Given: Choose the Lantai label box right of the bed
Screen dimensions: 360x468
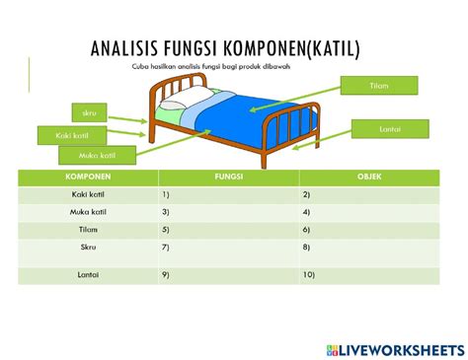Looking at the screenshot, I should (x=390, y=129).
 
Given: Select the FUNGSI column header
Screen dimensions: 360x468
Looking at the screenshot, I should (x=229, y=178).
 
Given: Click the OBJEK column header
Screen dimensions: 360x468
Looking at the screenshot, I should (x=369, y=178).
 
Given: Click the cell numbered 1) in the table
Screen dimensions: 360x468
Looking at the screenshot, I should (x=229, y=195).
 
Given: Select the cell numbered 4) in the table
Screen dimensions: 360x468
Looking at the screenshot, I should (x=369, y=212).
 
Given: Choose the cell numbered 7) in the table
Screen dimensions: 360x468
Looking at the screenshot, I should (x=229, y=247).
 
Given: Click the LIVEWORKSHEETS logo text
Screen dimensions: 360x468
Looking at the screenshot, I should (x=399, y=350).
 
